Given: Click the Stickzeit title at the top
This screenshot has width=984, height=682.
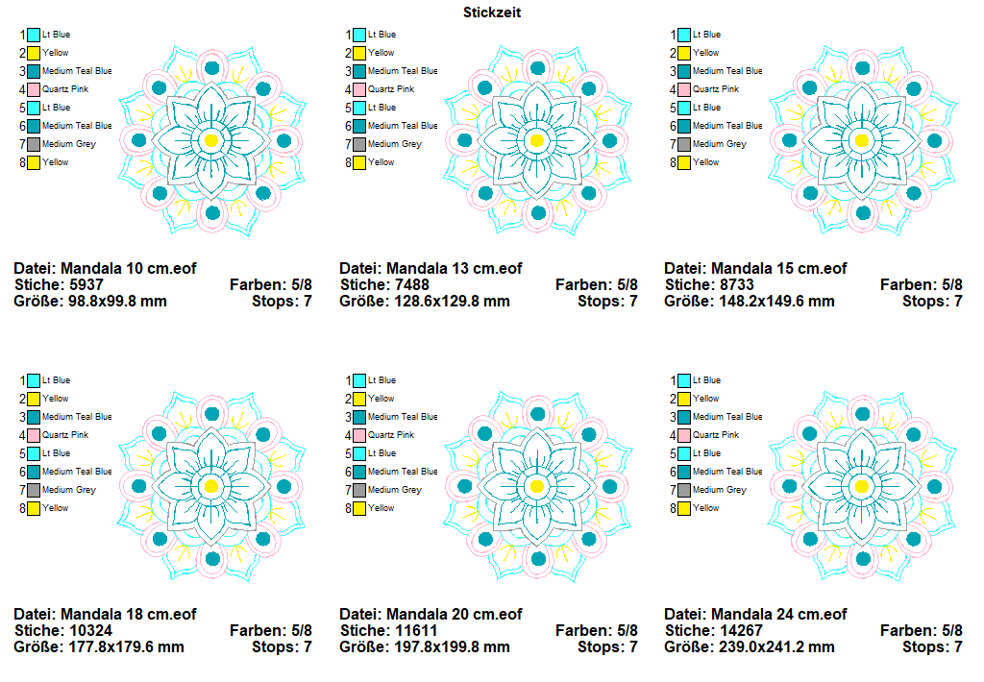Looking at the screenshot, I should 491,12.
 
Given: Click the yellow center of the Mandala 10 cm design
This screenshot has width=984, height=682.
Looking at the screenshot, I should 212,140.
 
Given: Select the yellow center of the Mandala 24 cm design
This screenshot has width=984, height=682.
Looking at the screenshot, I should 862,486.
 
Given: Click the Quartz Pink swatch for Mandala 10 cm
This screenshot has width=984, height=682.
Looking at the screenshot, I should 34,89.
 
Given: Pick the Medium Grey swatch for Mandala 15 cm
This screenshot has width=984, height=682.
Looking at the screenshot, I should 684,144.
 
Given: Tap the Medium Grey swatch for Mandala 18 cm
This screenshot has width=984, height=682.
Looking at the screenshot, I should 34,490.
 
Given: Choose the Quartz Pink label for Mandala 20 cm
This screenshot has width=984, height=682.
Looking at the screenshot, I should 391,435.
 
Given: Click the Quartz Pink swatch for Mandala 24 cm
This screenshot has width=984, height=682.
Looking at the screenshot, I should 684,435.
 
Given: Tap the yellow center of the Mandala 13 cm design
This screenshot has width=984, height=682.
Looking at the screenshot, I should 537,140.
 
